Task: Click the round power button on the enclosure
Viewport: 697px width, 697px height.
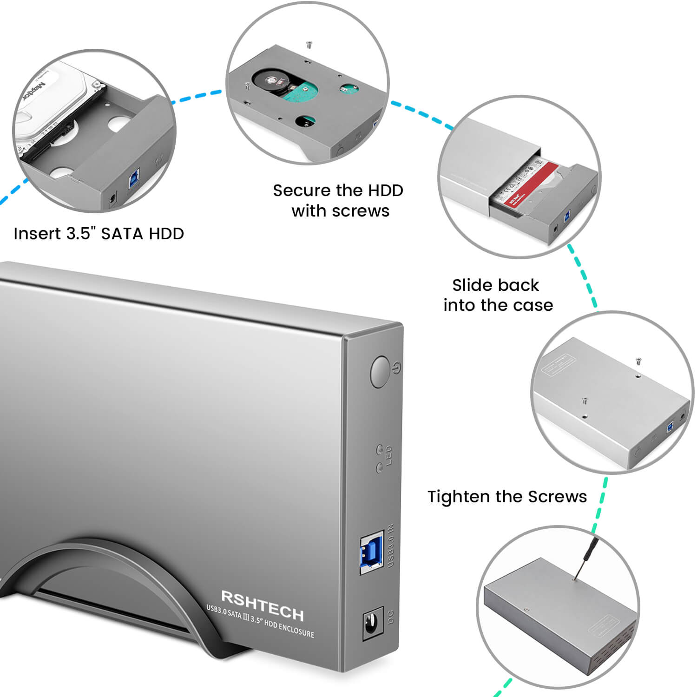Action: pos(380,372)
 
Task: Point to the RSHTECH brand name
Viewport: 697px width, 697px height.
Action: pos(262,605)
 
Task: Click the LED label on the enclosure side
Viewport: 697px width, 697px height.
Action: pos(389,455)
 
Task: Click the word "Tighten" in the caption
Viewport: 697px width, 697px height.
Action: pos(459,497)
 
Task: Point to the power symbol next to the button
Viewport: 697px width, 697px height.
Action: pos(396,368)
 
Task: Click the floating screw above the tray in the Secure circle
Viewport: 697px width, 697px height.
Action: pos(309,45)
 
